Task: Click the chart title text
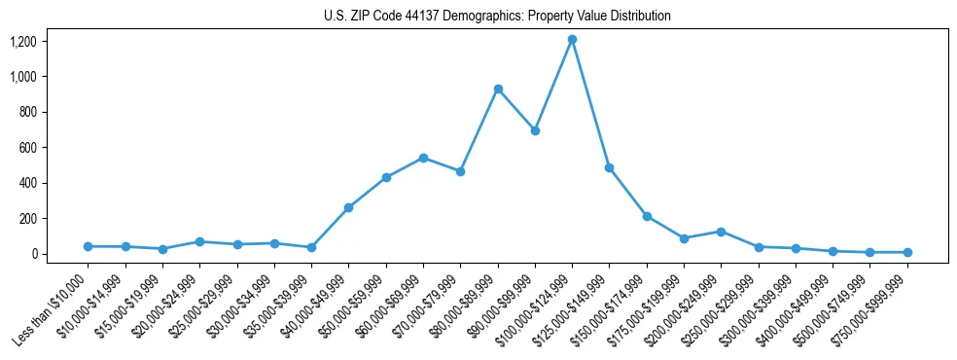pos(497,17)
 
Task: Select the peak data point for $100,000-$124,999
pos(572,39)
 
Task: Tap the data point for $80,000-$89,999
pos(498,89)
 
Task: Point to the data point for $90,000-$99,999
pos(535,130)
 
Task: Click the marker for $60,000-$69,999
pos(423,158)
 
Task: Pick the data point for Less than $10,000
pos(89,246)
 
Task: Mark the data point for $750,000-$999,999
pos(907,252)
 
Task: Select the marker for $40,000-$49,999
pos(348,207)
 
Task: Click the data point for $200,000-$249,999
pos(721,232)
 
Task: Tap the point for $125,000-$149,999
pos(609,167)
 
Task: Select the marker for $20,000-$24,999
pos(199,241)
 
